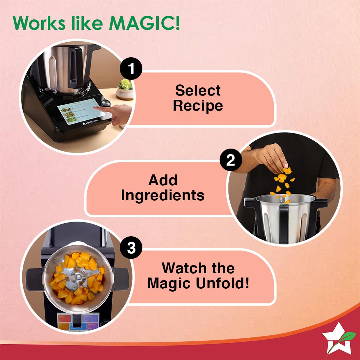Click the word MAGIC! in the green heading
click(144, 23)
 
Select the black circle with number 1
click(131, 69)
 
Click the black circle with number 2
click(231, 160)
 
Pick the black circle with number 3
click(131, 248)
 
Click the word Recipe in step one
click(198, 106)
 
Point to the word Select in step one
click(198, 90)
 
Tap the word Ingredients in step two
click(163, 195)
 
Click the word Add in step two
click(163, 180)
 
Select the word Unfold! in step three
click(223, 283)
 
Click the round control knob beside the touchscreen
click(106, 102)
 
